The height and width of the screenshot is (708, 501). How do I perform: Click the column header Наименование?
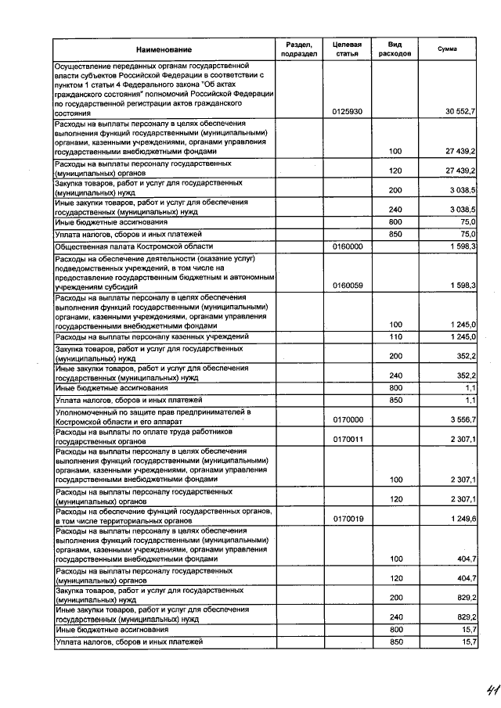coord(163,49)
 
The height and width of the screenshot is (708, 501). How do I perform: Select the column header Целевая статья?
coord(347,49)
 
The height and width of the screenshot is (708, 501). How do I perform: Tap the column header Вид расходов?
coord(395,49)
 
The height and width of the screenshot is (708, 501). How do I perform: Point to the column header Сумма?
coord(448,49)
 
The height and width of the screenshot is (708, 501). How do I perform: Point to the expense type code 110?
coord(395,336)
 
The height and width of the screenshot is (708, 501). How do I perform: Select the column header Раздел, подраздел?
coord(298,49)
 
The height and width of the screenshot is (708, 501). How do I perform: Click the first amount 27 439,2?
coord(461,151)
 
